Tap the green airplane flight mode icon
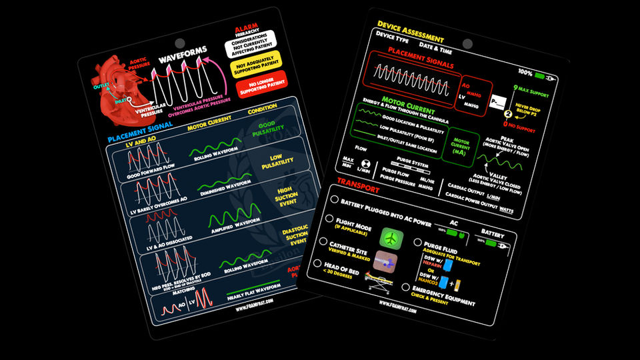click(391, 238)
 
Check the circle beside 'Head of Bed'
click(319, 263)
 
